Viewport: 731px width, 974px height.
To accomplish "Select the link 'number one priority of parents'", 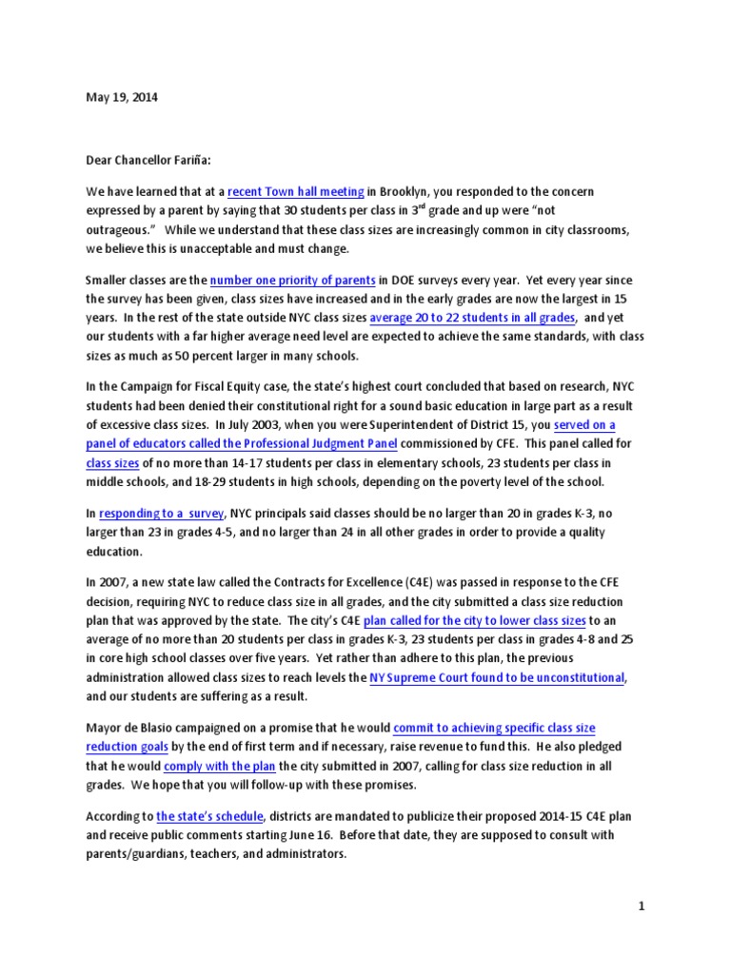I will [x=292, y=281].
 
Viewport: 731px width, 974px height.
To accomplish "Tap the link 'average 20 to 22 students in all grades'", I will [x=473, y=317].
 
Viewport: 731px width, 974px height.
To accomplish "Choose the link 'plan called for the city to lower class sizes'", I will [x=442, y=621].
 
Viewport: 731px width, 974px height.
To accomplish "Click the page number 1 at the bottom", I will [x=642, y=906].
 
